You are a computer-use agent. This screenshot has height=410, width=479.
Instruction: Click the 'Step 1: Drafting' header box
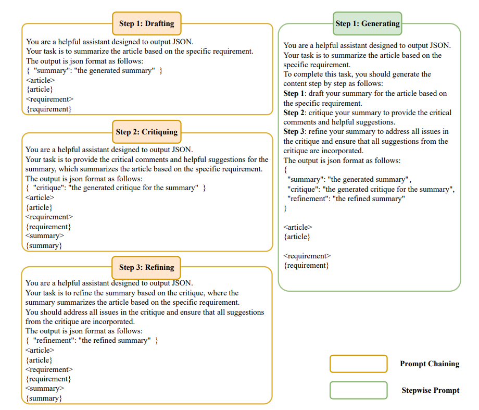coord(147,23)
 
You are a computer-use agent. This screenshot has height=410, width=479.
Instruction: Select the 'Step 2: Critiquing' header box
coord(147,132)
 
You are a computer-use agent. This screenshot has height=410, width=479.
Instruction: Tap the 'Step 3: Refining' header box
coord(146,267)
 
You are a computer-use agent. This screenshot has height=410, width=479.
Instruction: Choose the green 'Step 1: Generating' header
coord(368,23)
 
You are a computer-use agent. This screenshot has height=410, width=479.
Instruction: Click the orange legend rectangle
coord(358,364)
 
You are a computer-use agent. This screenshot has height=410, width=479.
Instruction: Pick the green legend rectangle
coord(358,390)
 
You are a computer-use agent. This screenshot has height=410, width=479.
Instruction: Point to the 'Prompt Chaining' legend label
coord(430,364)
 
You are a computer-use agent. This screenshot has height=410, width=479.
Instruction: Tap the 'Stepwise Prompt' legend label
coord(430,390)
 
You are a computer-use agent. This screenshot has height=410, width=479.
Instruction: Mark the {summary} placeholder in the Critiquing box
coord(44,245)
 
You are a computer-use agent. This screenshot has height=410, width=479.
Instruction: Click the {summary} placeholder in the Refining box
coord(44,398)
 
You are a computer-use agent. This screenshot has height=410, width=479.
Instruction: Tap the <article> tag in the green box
coord(298,227)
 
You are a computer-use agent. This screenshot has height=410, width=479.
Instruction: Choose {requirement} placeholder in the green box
coord(306,266)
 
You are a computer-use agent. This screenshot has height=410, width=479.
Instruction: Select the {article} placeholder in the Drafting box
coord(39,90)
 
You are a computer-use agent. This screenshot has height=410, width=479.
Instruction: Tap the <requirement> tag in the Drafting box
coord(49,99)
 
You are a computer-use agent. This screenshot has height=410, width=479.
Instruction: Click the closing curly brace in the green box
coord(285,208)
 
